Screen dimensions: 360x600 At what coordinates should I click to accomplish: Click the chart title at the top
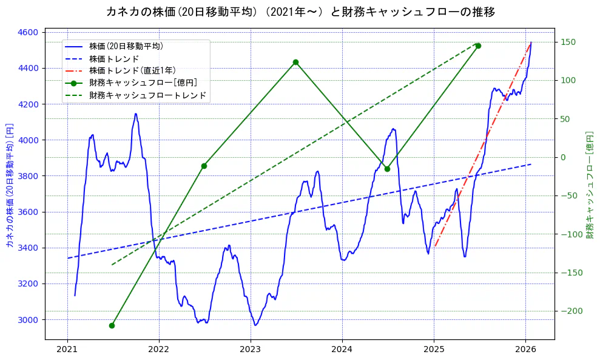[x=300, y=12]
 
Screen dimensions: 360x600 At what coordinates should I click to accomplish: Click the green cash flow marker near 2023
[x=295, y=62]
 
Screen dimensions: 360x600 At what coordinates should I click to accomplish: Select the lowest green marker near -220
[x=112, y=325]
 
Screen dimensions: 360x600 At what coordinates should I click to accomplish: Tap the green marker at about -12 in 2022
[x=204, y=166]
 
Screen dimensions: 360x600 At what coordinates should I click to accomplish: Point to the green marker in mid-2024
[x=387, y=169]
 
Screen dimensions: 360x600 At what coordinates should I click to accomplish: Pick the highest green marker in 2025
[x=478, y=46]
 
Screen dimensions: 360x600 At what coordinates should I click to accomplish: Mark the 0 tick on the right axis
[x=563, y=157]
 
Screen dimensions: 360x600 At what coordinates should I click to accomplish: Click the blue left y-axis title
[x=10, y=185]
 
